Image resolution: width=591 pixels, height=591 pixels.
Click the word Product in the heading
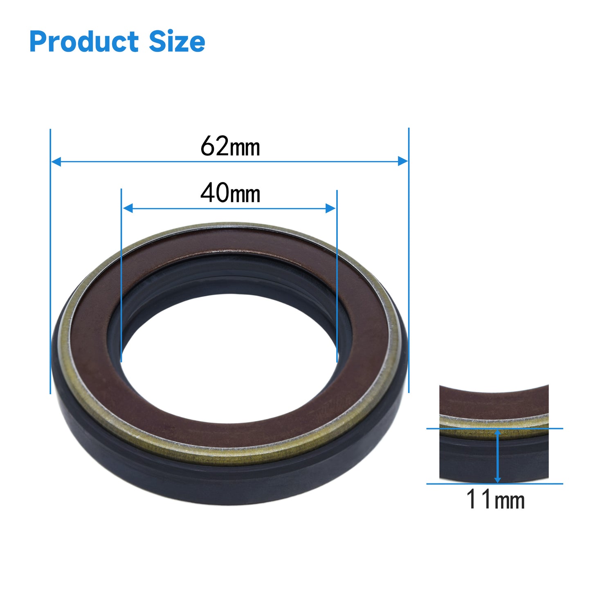pos(84,42)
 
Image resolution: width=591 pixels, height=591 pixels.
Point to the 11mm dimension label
pos(495,499)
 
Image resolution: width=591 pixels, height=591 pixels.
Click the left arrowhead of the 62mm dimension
pos(56,161)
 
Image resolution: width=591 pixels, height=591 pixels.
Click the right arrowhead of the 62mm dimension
pos(402,161)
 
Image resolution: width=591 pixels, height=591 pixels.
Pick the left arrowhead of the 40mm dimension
pos(128,208)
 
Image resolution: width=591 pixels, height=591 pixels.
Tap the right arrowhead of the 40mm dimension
pos(330,208)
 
